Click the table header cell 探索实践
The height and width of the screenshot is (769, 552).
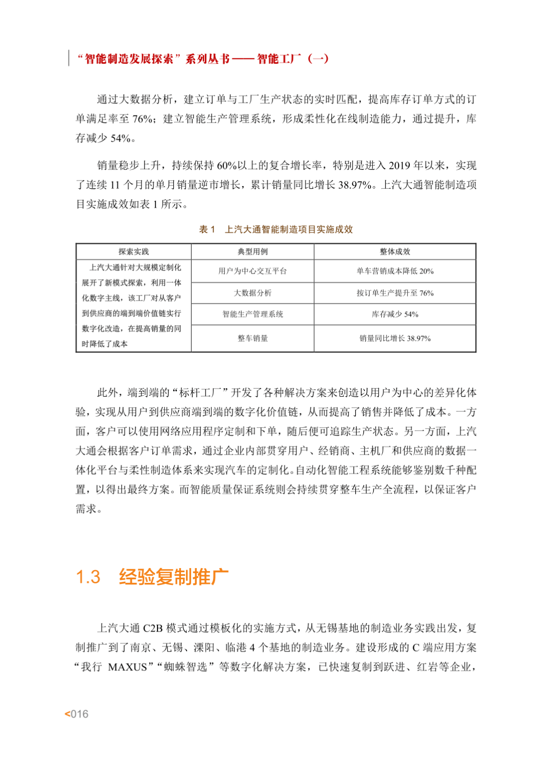pos(133,252)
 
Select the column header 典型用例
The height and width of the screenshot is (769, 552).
pos(252,252)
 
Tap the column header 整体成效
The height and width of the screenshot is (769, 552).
pos(395,252)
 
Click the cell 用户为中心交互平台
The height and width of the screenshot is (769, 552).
pos(252,271)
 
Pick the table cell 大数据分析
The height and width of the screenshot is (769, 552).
pos(252,293)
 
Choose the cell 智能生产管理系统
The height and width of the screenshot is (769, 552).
pos(252,314)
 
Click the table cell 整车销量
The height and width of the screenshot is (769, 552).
pos(252,338)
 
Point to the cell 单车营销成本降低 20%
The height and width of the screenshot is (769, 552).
pos(395,271)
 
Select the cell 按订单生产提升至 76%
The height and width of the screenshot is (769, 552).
pos(395,293)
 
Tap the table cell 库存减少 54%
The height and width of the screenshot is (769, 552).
pos(395,314)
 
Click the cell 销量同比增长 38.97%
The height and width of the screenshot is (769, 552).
pos(395,338)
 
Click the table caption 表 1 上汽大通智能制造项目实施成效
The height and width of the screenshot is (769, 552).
pos(276,230)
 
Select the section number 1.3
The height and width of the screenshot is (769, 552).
pos(88,577)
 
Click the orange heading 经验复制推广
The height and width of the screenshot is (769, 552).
pos(174,577)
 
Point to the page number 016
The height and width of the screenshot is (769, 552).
pos(79,714)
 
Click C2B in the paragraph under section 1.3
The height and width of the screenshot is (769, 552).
pos(153,628)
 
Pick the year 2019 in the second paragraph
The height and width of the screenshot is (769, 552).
pos(399,166)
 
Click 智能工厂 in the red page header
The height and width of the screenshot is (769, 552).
pos(279,59)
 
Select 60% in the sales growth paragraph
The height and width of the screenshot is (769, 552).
pos(227,166)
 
